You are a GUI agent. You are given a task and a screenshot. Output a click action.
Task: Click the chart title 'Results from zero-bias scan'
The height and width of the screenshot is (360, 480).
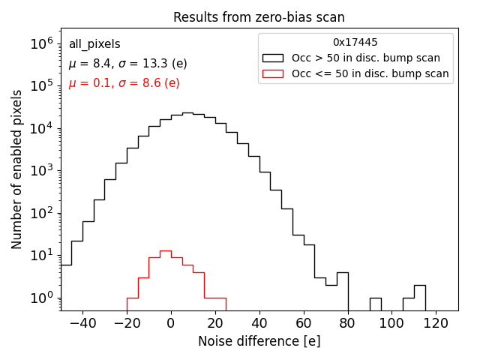click(x=259, y=17)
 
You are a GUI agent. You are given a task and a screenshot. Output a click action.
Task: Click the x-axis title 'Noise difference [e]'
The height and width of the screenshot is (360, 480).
click(x=259, y=341)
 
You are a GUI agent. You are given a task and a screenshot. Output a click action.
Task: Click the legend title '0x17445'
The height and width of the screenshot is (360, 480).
click(x=355, y=43)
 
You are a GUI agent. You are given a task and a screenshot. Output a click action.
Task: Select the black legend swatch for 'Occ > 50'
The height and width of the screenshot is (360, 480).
click(x=273, y=58)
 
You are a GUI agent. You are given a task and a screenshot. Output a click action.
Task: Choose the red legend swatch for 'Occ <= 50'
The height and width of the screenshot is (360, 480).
click(x=273, y=73)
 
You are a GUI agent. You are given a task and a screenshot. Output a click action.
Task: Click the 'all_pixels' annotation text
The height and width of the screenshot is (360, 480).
click(x=94, y=44)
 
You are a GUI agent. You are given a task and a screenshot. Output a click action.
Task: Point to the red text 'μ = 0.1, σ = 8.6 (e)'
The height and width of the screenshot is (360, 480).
click(x=124, y=83)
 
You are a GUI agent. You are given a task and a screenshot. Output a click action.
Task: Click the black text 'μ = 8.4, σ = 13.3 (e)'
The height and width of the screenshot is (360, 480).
click(x=127, y=64)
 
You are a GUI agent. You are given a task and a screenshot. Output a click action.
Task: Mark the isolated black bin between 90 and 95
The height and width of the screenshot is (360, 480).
click(x=375, y=304)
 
